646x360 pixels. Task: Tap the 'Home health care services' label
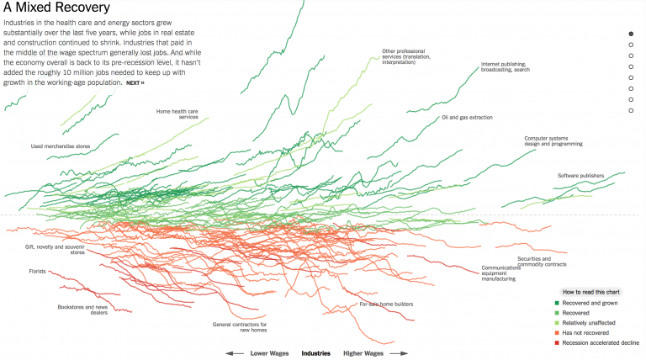click(x=177, y=114)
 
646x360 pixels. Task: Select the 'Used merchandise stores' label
click(x=61, y=146)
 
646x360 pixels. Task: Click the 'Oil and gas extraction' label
click(x=467, y=118)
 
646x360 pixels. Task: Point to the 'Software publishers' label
click(x=580, y=176)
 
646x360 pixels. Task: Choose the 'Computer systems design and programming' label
click(x=553, y=140)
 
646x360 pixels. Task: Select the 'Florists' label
click(x=36, y=272)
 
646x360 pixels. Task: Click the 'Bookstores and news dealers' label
click(x=82, y=310)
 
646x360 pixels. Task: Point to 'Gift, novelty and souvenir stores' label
click(x=55, y=249)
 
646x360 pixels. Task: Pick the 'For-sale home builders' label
click(x=386, y=304)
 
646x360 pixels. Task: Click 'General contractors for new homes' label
click(x=240, y=327)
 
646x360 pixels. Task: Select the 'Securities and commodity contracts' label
click(x=546, y=262)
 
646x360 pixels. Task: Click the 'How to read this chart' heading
click(x=592, y=291)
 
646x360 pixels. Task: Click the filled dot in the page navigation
click(x=631, y=34)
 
